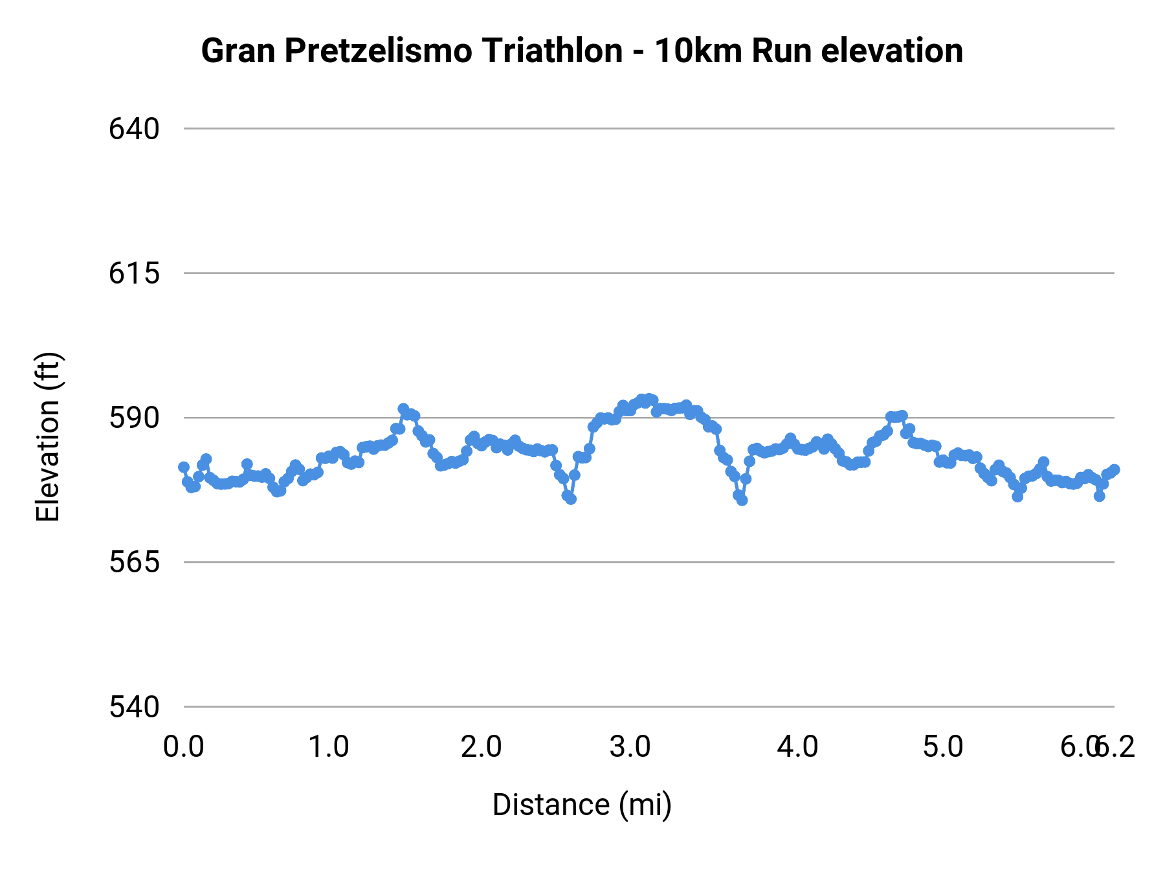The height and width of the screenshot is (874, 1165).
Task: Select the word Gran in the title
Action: click(x=238, y=51)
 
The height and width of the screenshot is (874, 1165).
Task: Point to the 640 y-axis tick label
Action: click(x=134, y=129)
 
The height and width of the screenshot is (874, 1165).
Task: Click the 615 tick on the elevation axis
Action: click(x=134, y=273)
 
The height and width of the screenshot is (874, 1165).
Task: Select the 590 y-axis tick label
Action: click(x=134, y=418)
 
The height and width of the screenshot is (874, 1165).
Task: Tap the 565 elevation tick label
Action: click(x=134, y=562)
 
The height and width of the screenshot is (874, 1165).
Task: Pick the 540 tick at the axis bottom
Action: click(x=134, y=707)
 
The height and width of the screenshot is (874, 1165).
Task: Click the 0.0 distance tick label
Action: click(x=184, y=747)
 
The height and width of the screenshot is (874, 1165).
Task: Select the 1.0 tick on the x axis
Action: click(x=328, y=747)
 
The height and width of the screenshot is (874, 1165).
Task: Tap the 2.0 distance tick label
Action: click(x=481, y=747)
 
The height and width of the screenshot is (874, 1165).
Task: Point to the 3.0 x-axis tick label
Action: click(x=630, y=747)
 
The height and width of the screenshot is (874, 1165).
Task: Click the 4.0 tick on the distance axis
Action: click(x=797, y=747)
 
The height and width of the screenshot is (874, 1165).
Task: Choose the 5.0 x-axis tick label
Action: click(x=943, y=747)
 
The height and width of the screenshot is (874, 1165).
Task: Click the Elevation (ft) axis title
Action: click(x=48, y=437)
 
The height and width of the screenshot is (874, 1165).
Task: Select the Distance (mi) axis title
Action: click(x=582, y=805)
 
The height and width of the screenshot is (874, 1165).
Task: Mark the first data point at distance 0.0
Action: click(x=184, y=467)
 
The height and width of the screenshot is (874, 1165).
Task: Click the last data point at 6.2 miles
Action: click(x=1114, y=470)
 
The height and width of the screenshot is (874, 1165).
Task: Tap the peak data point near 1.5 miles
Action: click(x=403, y=409)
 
